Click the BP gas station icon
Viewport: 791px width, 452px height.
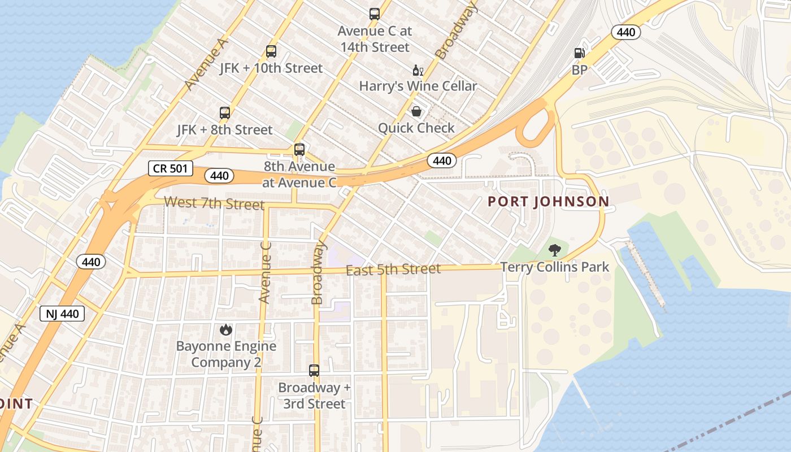(579, 53)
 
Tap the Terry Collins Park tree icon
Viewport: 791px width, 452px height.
(555, 250)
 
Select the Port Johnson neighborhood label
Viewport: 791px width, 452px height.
(548, 202)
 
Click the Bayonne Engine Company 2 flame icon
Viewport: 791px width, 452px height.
(226, 329)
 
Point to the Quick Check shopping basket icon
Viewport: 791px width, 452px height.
(416, 111)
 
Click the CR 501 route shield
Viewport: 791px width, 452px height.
(171, 168)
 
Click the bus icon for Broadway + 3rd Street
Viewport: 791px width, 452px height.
(314, 371)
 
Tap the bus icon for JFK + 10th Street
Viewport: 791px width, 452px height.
(271, 51)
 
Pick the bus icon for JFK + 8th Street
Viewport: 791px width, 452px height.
(225, 113)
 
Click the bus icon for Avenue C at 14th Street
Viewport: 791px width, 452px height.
(375, 14)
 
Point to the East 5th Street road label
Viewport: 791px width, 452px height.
(393, 270)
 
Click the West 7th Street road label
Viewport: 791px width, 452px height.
(214, 203)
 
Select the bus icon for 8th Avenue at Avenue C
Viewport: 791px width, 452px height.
(299, 150)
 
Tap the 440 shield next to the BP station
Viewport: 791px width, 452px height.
(626, 32)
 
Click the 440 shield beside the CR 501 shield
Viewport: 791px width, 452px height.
(219, 176)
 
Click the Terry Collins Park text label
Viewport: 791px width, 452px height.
(555, 267)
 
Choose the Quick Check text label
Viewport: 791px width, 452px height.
(416, 128)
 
